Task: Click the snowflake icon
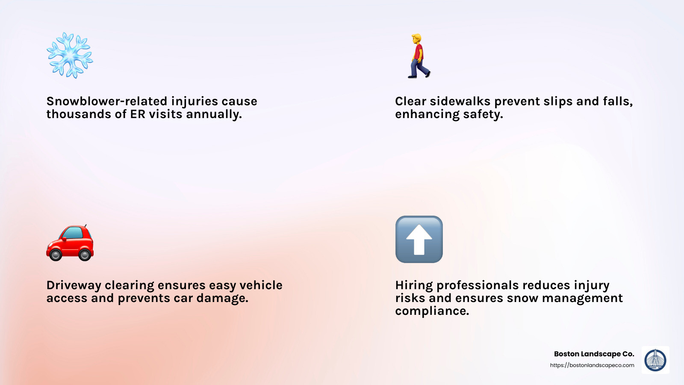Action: click(x=70, y=55)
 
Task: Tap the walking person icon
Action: click(x=419, y=56)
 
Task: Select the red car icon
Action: click(x=70, y=243)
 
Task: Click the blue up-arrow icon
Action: click(x=419, y=239)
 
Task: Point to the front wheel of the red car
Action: click(x=56, y=255)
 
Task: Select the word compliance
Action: click(x=432, y=311)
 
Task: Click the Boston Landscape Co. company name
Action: click(x=594, y=354)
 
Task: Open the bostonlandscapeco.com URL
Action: click(x=592, y=365)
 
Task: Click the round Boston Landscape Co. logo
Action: click(x=655, y=360)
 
